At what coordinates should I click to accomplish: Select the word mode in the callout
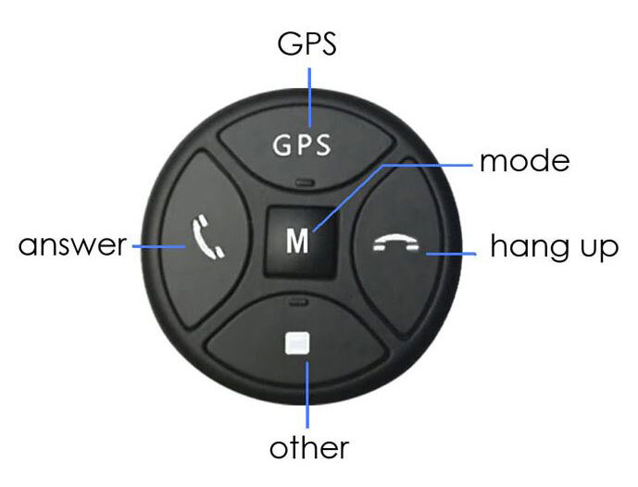(523, 163)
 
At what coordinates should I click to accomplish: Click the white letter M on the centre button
(296, 241)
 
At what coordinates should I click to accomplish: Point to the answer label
(72, 246)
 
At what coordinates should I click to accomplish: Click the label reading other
(309, 449)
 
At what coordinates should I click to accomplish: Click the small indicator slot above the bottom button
(297, 302)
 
